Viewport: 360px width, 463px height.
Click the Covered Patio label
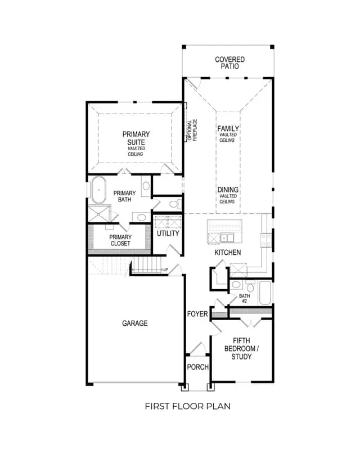(229, 63)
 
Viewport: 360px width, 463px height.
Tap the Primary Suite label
(136, 138)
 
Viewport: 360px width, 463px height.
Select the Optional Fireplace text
(192, 130)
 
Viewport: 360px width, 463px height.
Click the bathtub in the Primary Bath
(98, 190)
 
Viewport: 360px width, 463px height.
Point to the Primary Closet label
(120, 240)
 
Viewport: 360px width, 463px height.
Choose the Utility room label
(168, 233)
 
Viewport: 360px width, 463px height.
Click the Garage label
(134, 323)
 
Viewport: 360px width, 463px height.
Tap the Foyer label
(197, 314)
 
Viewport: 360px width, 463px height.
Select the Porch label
(197, 367)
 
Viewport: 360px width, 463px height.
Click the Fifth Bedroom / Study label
(241, 348)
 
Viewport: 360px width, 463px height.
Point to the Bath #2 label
(245, 299)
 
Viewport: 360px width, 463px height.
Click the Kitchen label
(227, 253)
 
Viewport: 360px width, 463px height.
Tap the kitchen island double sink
(227, 238)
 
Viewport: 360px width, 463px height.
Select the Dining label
(228, 190)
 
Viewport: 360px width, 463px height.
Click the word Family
(228, 129)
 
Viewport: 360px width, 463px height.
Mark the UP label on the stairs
(165, 270)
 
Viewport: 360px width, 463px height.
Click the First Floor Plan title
(187, 406)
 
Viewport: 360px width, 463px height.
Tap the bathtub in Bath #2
(264, 293)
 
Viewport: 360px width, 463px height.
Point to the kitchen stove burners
(265, 240)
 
